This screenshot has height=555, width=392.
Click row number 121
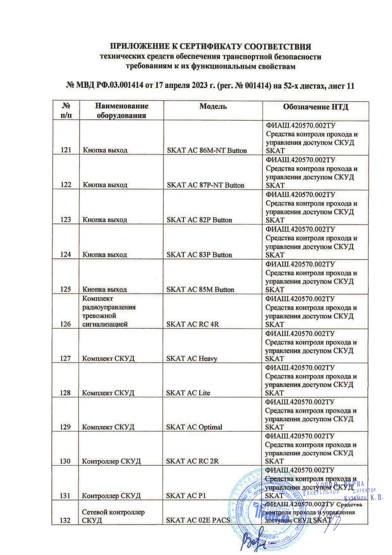tap(67, 151)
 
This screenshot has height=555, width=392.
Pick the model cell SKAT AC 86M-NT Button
tap(206, 151)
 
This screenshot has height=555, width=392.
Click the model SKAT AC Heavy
tap(191, 359)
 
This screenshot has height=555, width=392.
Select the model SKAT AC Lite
tap(188, 393)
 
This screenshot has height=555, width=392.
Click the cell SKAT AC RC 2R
tap(191, 462)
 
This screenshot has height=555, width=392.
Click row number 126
tap(67, 324)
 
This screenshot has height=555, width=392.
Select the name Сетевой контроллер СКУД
tap(113, 516)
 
